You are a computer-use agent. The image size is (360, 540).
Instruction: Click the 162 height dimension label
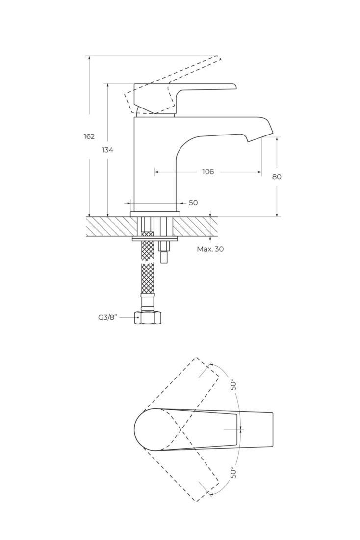coord(89,136)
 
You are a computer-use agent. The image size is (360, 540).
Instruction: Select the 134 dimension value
coord(107,150)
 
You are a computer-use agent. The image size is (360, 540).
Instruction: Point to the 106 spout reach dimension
coord(208,171)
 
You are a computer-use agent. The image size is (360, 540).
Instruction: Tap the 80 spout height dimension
coord(277,177)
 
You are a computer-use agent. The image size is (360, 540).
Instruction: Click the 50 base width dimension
coord(193,203)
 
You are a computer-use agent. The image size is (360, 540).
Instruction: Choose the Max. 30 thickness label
coord(210,249)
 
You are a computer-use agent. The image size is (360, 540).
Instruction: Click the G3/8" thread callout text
coord(108,317)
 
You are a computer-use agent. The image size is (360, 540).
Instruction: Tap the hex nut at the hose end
coord(147,317)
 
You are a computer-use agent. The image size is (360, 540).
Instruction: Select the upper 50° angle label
coord(233,384)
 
